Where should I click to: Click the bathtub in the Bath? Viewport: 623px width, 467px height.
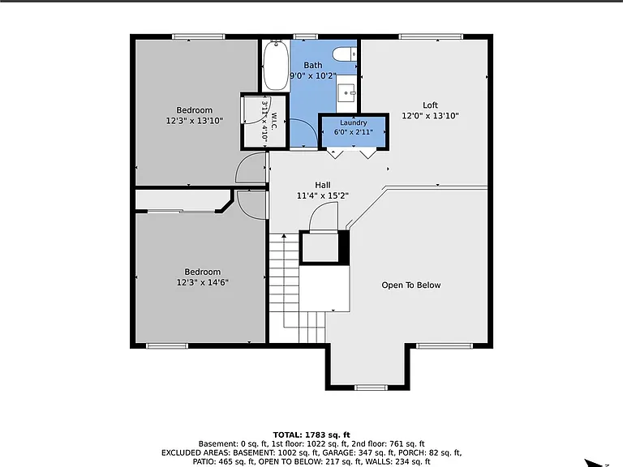(x=276, y=65)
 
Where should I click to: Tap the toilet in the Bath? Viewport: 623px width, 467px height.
(x=344, y=54)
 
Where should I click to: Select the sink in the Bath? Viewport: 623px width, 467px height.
(x=346, y=94)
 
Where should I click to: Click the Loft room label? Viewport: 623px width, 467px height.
(x=430, y=105)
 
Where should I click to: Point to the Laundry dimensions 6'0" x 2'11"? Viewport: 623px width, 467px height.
(x=353, y=132)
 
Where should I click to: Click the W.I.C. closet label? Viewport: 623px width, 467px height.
(x=274, y=121)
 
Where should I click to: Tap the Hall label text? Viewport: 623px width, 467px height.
(x=323, y=185)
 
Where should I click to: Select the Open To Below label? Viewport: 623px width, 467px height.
(x=410, y=285)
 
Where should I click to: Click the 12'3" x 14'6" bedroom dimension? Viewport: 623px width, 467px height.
(x=202, y=282)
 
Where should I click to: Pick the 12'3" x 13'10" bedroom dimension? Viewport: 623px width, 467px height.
(x=195, y=121)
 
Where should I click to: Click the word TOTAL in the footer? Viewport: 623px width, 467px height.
(x=287, y=435)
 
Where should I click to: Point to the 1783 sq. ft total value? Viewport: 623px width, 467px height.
(x=328, y=435)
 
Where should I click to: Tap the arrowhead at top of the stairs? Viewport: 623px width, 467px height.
(x=284, y=236)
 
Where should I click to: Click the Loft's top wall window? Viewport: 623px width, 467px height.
(x=431, y=37)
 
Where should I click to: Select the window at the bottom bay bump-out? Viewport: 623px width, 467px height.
(x=371, y=388)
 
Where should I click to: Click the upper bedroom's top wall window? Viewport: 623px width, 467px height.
(x=199, y=37)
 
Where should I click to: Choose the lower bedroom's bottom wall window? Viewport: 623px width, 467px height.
(x=167, y=346)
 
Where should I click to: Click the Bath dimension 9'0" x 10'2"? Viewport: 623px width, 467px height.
(x=313, y=76)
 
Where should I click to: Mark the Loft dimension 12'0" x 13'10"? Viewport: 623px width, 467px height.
(x=430, y=116)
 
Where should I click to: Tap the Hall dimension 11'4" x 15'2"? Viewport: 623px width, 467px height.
(x=323, y=195)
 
